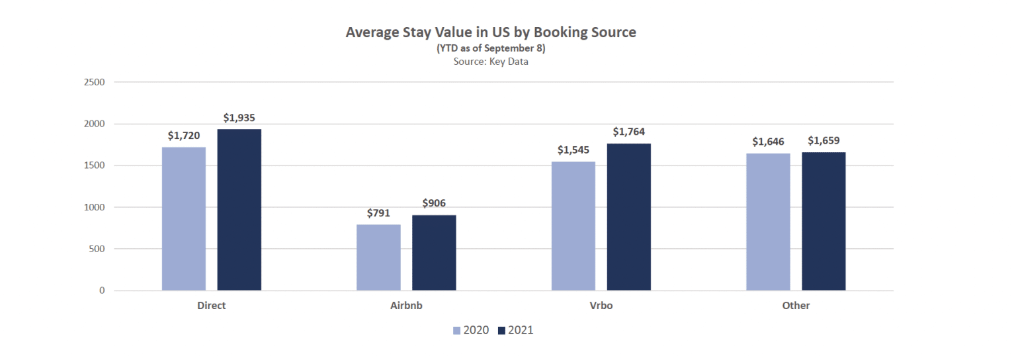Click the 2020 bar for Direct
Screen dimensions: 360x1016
tap(184, 218)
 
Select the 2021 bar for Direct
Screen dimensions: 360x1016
tap(239, 210)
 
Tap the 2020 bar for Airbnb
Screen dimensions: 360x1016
tap(378, 257)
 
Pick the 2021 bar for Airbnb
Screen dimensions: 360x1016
tap(434, 253)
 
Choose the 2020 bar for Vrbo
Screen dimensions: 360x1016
tap(573, 226)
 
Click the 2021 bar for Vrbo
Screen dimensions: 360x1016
tap(628, 217)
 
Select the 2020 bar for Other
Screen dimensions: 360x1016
tap(768, 222)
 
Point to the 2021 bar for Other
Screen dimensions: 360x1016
tap(824, 221)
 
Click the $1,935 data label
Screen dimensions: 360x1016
tap(239, 118)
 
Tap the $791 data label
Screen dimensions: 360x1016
tap(378, 213)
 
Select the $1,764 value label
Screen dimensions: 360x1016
tap(628, 132)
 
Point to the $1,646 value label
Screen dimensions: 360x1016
tap(768, 142)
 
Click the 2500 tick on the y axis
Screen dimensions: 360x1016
tap(95, 82)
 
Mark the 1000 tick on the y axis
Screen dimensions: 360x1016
tap(95, 207)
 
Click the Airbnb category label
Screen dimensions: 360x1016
tap(406, 306)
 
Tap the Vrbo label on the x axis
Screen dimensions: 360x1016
tap(601, 306)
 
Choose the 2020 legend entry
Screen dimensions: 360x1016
tap(470, 330)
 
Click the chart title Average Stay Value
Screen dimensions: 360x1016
tap(490, 32)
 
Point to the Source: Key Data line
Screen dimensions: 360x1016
tap(490, 62)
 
